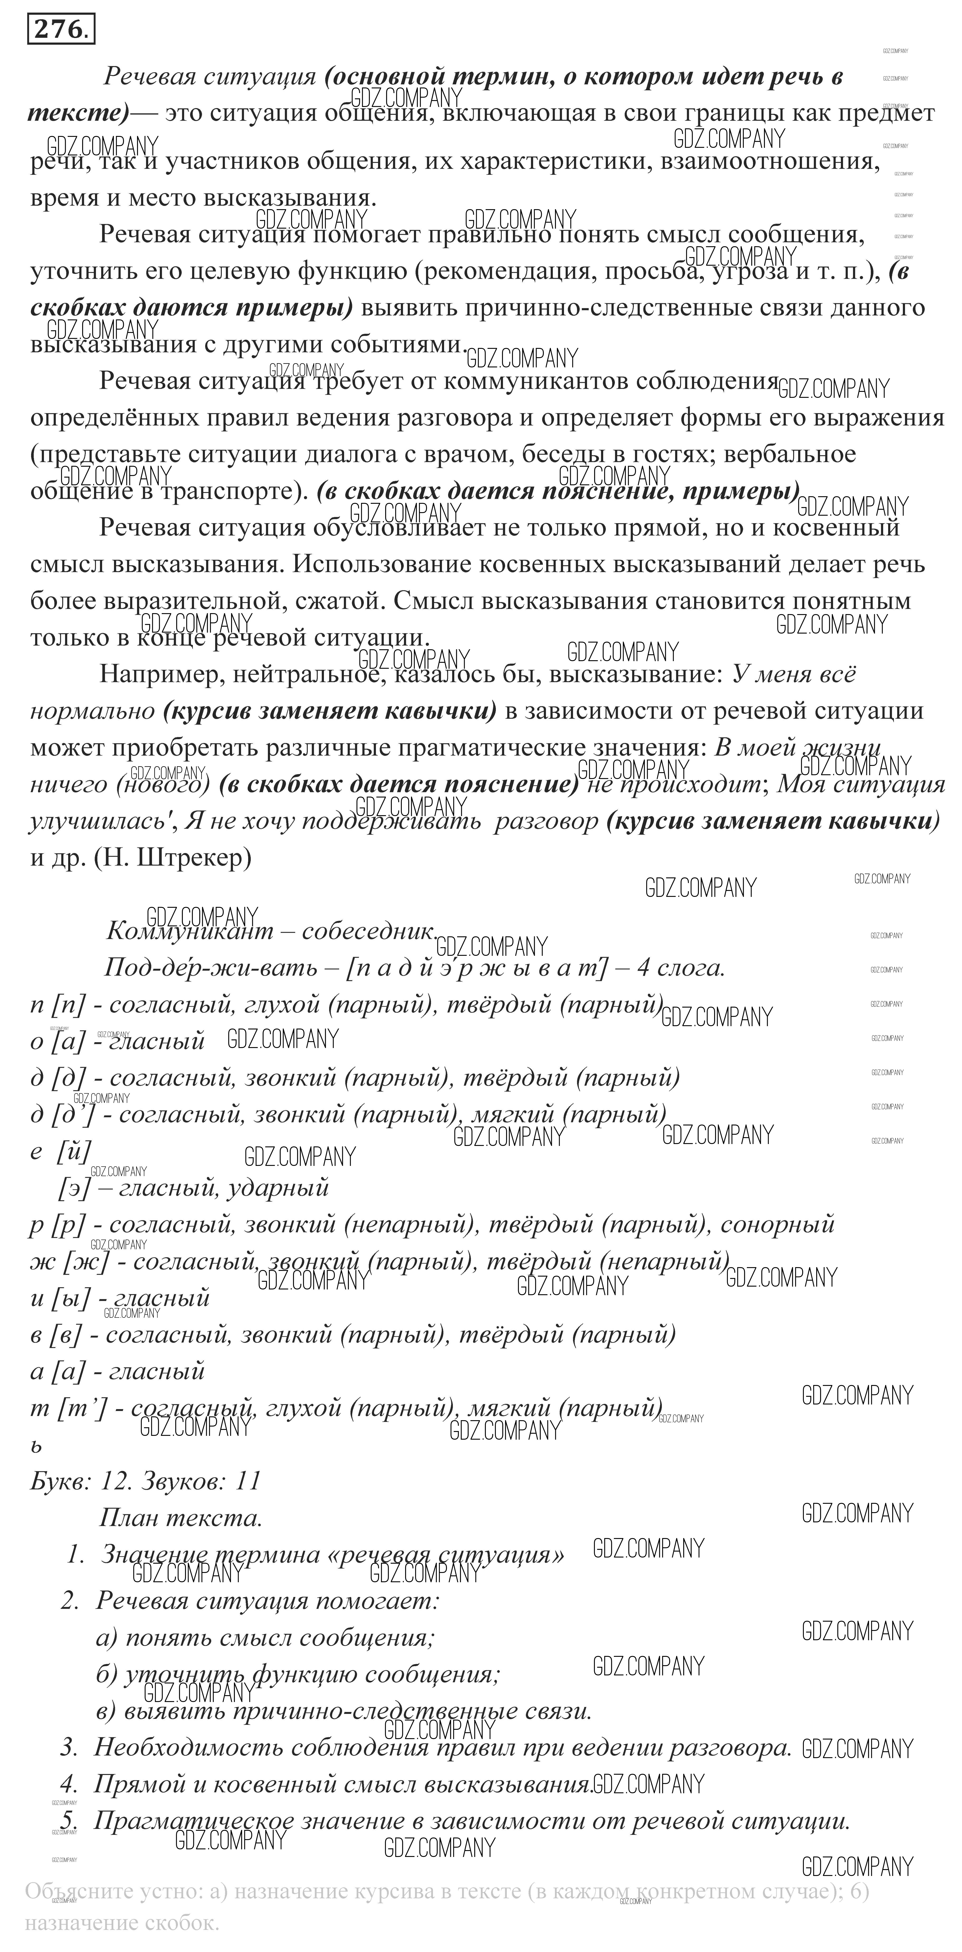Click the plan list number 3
coord(70,1748)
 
